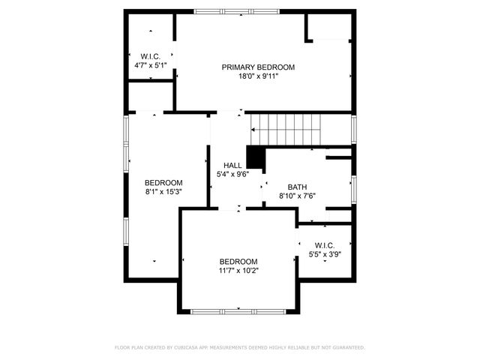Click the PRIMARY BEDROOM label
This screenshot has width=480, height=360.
point(258,67)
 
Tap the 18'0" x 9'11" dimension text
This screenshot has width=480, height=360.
point(258,76)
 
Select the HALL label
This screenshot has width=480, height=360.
point(232,166)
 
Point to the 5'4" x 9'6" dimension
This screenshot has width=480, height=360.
point(232,175)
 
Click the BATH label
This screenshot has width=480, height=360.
point(297,187)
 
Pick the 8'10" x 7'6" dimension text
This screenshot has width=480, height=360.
point(297,196)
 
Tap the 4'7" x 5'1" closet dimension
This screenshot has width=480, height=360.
point(150,66)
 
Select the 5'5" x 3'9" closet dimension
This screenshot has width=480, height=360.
point(325,254)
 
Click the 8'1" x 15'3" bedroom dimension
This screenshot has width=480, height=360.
point(163,191)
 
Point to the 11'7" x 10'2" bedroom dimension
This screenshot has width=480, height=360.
point(238,270)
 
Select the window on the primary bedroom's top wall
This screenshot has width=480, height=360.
point(227,11)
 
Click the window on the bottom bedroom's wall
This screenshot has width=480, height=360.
point(238,311)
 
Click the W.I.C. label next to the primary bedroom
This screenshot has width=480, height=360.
point(150,57)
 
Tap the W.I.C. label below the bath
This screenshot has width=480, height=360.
point(325,245)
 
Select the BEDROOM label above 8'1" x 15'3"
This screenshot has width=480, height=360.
point(163,182)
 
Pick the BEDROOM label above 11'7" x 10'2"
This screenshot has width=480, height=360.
point(238,261)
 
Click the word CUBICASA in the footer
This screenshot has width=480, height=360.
point(187,348)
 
